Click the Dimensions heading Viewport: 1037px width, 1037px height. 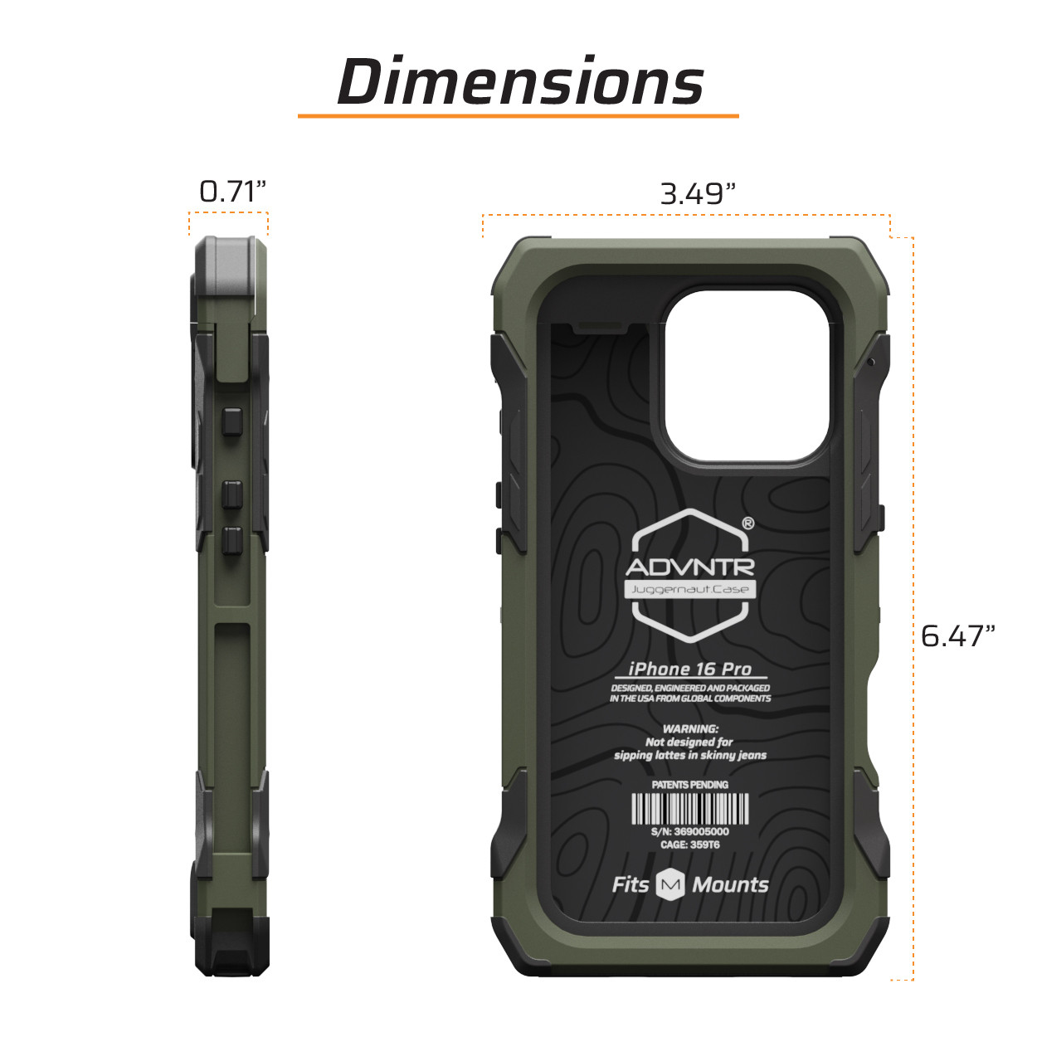520,82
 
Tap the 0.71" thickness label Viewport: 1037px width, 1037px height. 232,192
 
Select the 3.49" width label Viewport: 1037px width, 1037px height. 698,194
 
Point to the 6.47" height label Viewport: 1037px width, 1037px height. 957,636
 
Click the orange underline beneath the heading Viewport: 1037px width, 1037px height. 518,115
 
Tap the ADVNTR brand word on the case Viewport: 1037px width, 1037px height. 690,567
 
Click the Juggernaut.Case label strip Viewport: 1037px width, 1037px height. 690,590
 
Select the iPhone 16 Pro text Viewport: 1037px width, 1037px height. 690,669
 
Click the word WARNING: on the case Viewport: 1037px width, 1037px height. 690,728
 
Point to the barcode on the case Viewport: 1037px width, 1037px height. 690,809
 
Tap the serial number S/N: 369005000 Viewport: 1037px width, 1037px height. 690,831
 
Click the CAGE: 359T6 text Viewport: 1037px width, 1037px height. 690,845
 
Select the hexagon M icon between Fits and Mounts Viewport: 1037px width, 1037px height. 670,885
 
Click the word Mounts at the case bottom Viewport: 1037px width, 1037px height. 730,885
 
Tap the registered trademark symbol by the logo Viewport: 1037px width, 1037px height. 747,523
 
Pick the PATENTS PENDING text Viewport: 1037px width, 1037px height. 690,784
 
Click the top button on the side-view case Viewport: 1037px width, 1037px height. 231,422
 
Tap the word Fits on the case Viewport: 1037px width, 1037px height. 630,885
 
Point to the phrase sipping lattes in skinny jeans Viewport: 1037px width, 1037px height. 690,755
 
